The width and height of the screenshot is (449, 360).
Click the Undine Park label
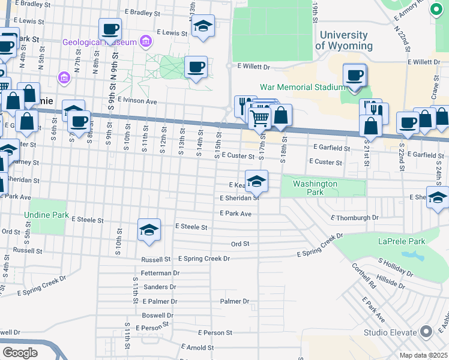[x=47, y=214]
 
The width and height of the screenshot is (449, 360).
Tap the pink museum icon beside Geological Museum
[x=145, y=41]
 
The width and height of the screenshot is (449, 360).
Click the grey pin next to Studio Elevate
[x=426, y=332]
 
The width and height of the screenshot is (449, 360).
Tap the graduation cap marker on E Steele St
[x=149, y=229]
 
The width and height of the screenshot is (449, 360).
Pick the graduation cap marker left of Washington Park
[x=256, y=181]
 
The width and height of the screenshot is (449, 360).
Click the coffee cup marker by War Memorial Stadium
[x=354, y=75]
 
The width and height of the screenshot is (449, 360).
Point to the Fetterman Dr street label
[x=160, y=273]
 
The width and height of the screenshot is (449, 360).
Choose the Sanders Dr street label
[x=159, y=287]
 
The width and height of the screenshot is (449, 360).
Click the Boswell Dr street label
[x=157, y=315]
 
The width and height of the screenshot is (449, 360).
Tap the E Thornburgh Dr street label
[x=355, y=218]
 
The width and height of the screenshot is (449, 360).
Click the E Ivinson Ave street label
[x=137, y=101]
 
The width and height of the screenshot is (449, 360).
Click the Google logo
[x=20, y=352]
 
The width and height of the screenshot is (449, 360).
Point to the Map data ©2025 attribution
[x=423, y=355]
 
